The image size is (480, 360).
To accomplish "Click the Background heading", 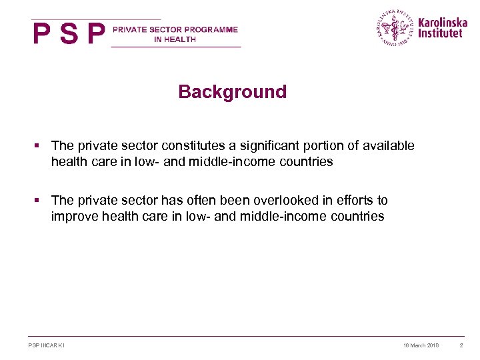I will [x=232, y=92].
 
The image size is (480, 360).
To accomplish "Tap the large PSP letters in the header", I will [x=69, y=33].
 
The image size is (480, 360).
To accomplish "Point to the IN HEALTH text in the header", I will [x=175, y=39].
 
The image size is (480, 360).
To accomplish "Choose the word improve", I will [x=73, y=217].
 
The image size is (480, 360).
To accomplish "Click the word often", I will [x=207, y=201].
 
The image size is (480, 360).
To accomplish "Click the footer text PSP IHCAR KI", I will [x=47, y=345].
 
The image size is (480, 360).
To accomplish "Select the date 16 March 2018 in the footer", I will [x=421, y=345].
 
